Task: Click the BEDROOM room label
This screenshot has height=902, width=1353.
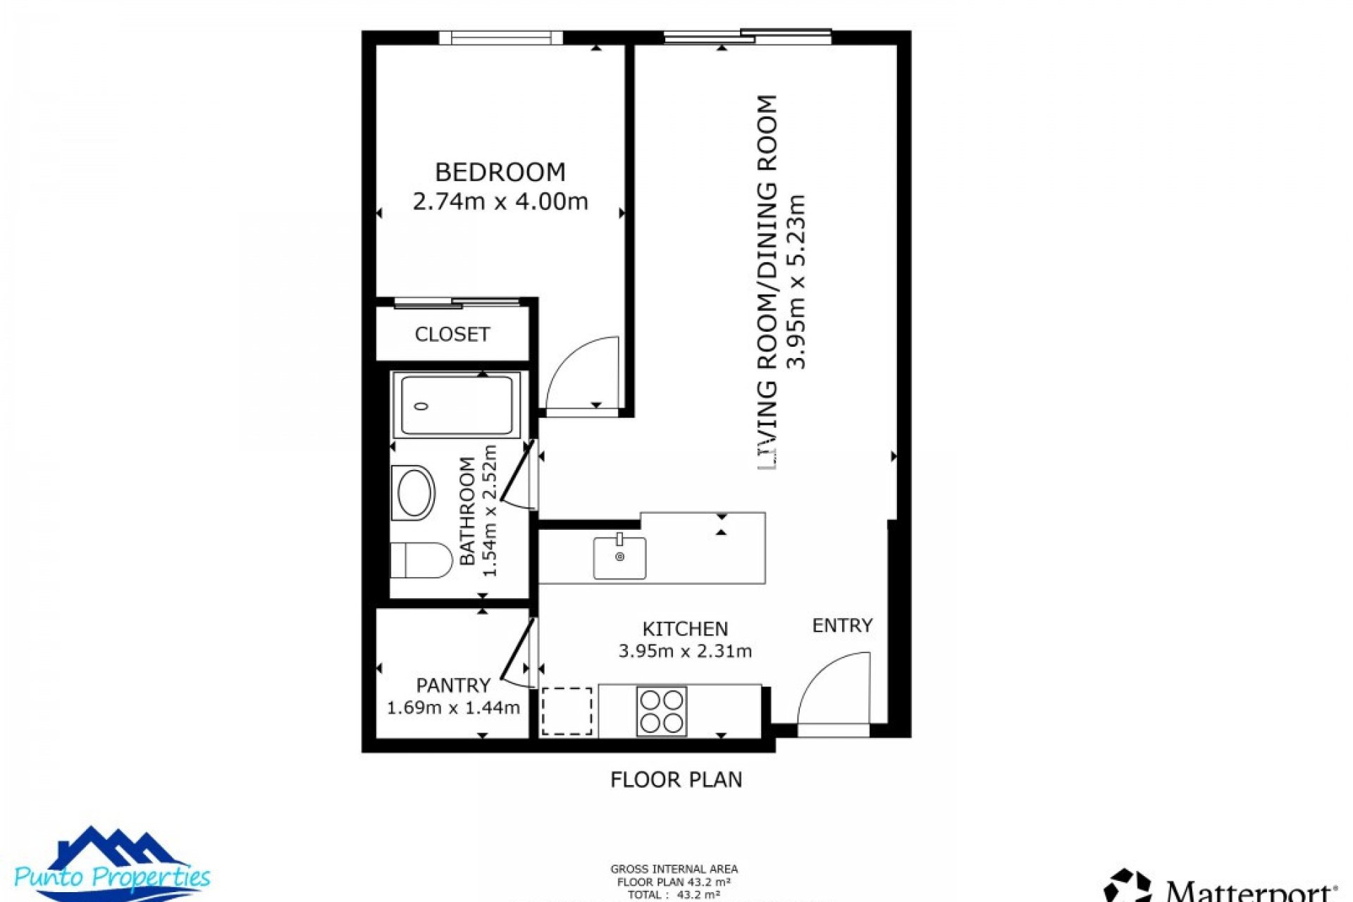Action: click(x=500, y=173)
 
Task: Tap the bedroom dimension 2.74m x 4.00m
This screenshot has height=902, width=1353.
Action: click(x=500, y=202)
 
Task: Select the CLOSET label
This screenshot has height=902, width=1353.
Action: click(x=452, y=334)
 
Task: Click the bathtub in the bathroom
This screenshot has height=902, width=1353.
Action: click(x=457, y=405)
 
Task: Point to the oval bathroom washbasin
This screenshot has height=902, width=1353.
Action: click(x=415, y=492)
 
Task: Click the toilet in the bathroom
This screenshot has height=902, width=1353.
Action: click(x=421, y=560)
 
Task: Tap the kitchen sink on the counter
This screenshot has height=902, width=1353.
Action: click(x=619, y=557)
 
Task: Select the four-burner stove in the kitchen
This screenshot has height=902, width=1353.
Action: click(x=661, y=711)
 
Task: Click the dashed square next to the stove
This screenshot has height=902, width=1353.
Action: click(x=567, y=711)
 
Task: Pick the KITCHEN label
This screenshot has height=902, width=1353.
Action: click(x=685, y=629)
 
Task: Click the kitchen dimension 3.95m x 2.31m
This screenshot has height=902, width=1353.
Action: click(x=685, y=651)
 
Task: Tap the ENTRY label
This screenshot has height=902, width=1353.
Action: click(x=842, y=626)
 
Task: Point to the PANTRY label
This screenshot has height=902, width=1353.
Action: click(x=452, y=685)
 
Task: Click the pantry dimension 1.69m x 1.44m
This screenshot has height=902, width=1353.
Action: click(x=453, y=708)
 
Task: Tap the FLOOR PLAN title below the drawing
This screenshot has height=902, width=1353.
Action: click(x=676, y=779)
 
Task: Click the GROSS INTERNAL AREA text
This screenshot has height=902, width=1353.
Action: click(x=674, y=870)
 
